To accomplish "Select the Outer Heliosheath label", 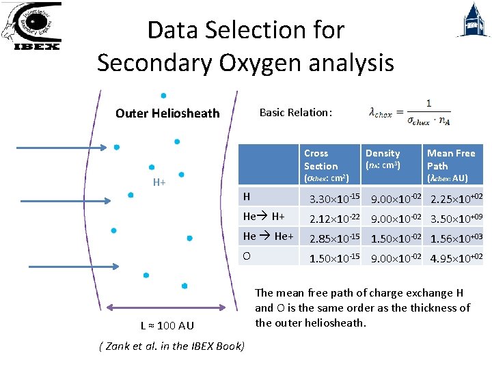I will click(167, 113).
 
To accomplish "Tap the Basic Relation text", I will click(296, 112).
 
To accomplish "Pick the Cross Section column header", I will click(321, 160).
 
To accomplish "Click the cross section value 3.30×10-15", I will click(334, 200).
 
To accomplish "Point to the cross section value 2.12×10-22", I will click(334, 219).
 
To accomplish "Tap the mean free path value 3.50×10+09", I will click(456, 219).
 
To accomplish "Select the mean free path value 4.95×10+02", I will click(456, 258).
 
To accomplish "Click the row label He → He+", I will click(269, 236).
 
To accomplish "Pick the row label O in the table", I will click(247, 256).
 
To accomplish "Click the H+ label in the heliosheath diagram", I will click(159, 182).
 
